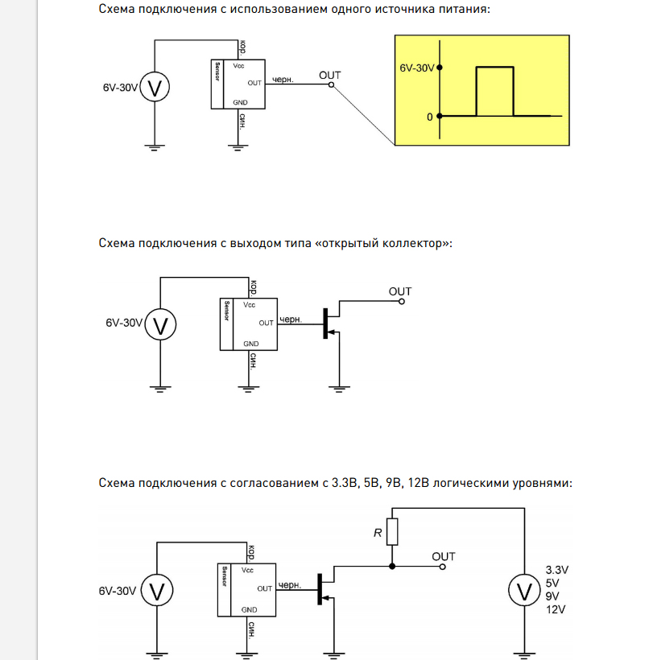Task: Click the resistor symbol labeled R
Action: [391, 532]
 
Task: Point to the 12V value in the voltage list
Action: [556, 610]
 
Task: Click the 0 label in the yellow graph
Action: [430, 117]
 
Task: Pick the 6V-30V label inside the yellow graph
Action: [416, 69]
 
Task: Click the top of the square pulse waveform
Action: [494, 68]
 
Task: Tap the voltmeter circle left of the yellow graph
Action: [154, 87]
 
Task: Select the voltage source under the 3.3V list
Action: [525, 592]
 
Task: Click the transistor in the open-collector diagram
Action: [328, 323]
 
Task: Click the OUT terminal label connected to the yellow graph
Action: [329, 75]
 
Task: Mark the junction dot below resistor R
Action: [391, 567]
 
